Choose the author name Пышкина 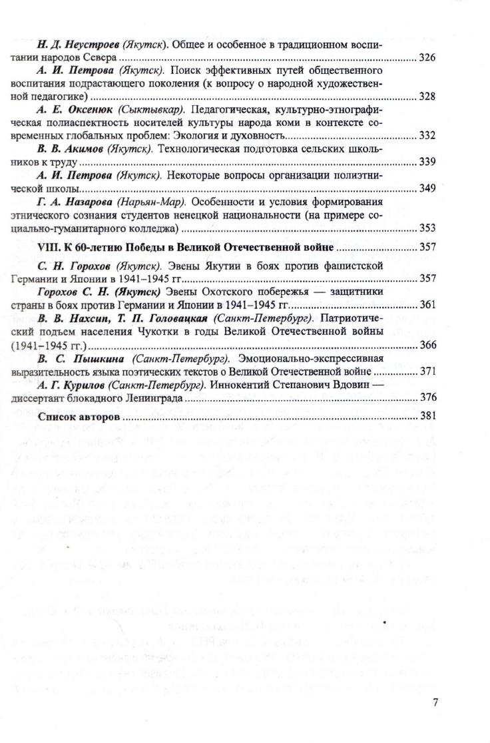90,358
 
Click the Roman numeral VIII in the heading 49,247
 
